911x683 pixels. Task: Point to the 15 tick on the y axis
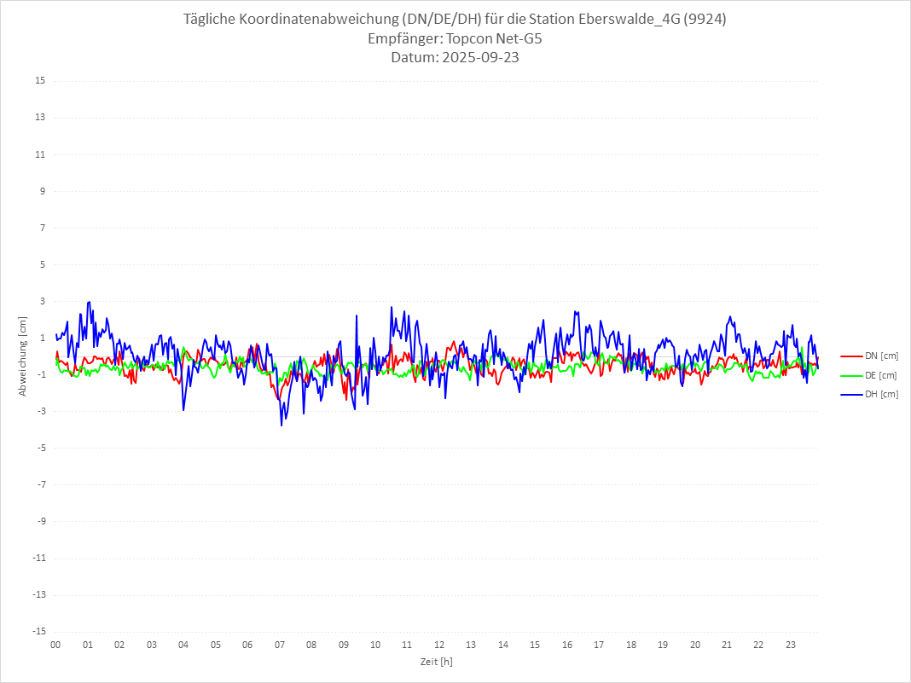(40, 81)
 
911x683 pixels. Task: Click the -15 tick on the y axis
(38, 631)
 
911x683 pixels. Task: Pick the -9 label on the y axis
(40, 521)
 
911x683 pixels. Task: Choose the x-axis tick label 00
(55, 645)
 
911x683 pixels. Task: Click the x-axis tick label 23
(791, 645)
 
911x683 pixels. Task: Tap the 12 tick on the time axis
(439, 645)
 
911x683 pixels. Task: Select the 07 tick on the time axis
(279, 645)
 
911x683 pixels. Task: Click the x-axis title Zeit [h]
(436, 662)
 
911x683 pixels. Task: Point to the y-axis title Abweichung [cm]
(23, 356)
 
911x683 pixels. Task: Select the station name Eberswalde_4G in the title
(622, 20)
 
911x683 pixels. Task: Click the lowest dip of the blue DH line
(281, 425)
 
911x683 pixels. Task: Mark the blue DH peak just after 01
(89, 302)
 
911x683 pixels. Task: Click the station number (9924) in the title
(704, 20)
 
